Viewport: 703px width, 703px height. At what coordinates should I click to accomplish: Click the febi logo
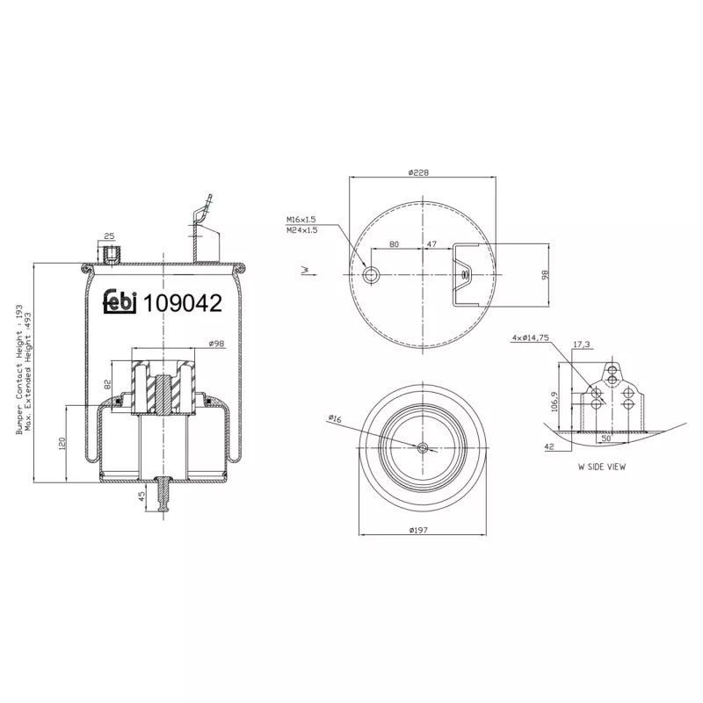click(x=121, y=302)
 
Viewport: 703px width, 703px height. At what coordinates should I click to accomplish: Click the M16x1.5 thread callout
click(x=301, y=220)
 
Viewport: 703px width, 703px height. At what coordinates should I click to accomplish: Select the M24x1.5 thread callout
click(x=301, y=230)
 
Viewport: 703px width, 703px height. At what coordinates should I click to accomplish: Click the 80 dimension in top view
click(x=394, y=243)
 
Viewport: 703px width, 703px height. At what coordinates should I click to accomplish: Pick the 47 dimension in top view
click(x=432, y=243)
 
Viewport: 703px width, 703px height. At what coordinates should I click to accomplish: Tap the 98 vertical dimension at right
click(x=545, y=275)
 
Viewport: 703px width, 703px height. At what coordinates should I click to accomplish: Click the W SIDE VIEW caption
click(x=601, y=467)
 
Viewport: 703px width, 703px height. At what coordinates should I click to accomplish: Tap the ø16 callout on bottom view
click(x=334, y=419)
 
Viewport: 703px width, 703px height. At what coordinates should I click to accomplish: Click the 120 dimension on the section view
click(x=62, y=443)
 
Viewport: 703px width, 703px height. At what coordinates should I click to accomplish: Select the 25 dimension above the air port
click(x=109, y=236)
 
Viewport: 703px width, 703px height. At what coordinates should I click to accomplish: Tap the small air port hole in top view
click(x=372, y=275)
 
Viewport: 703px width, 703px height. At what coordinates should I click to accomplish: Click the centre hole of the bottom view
click(x=423, y=448)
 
